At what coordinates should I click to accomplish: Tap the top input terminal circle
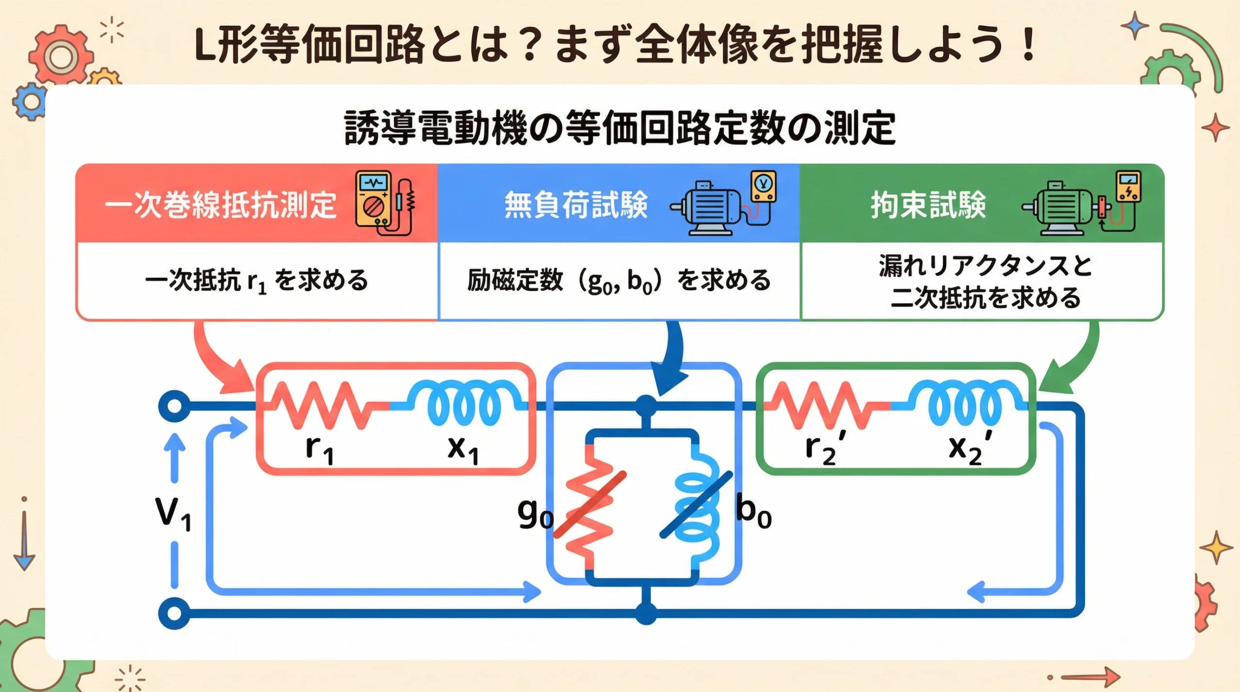click(x=174, y=406)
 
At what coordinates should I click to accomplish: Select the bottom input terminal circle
click(x=174, y=614)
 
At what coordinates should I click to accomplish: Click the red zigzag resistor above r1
click(x=322, y=406)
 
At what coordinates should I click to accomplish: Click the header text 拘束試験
click(x=928, y=204)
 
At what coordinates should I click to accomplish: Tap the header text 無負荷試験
click(x=576, y=204)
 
